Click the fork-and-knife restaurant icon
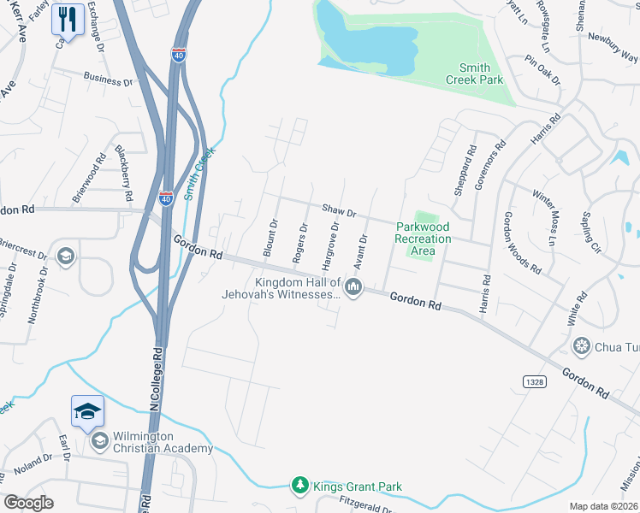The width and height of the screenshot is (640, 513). click(68, 19)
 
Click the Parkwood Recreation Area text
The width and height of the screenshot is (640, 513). click(423, 239)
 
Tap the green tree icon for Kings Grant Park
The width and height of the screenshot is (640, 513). click(299, 486)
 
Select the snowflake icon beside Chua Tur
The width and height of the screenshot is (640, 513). click(582, 345)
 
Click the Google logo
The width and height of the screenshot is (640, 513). click(29, 503)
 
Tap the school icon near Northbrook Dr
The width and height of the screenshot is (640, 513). click(65, 256)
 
